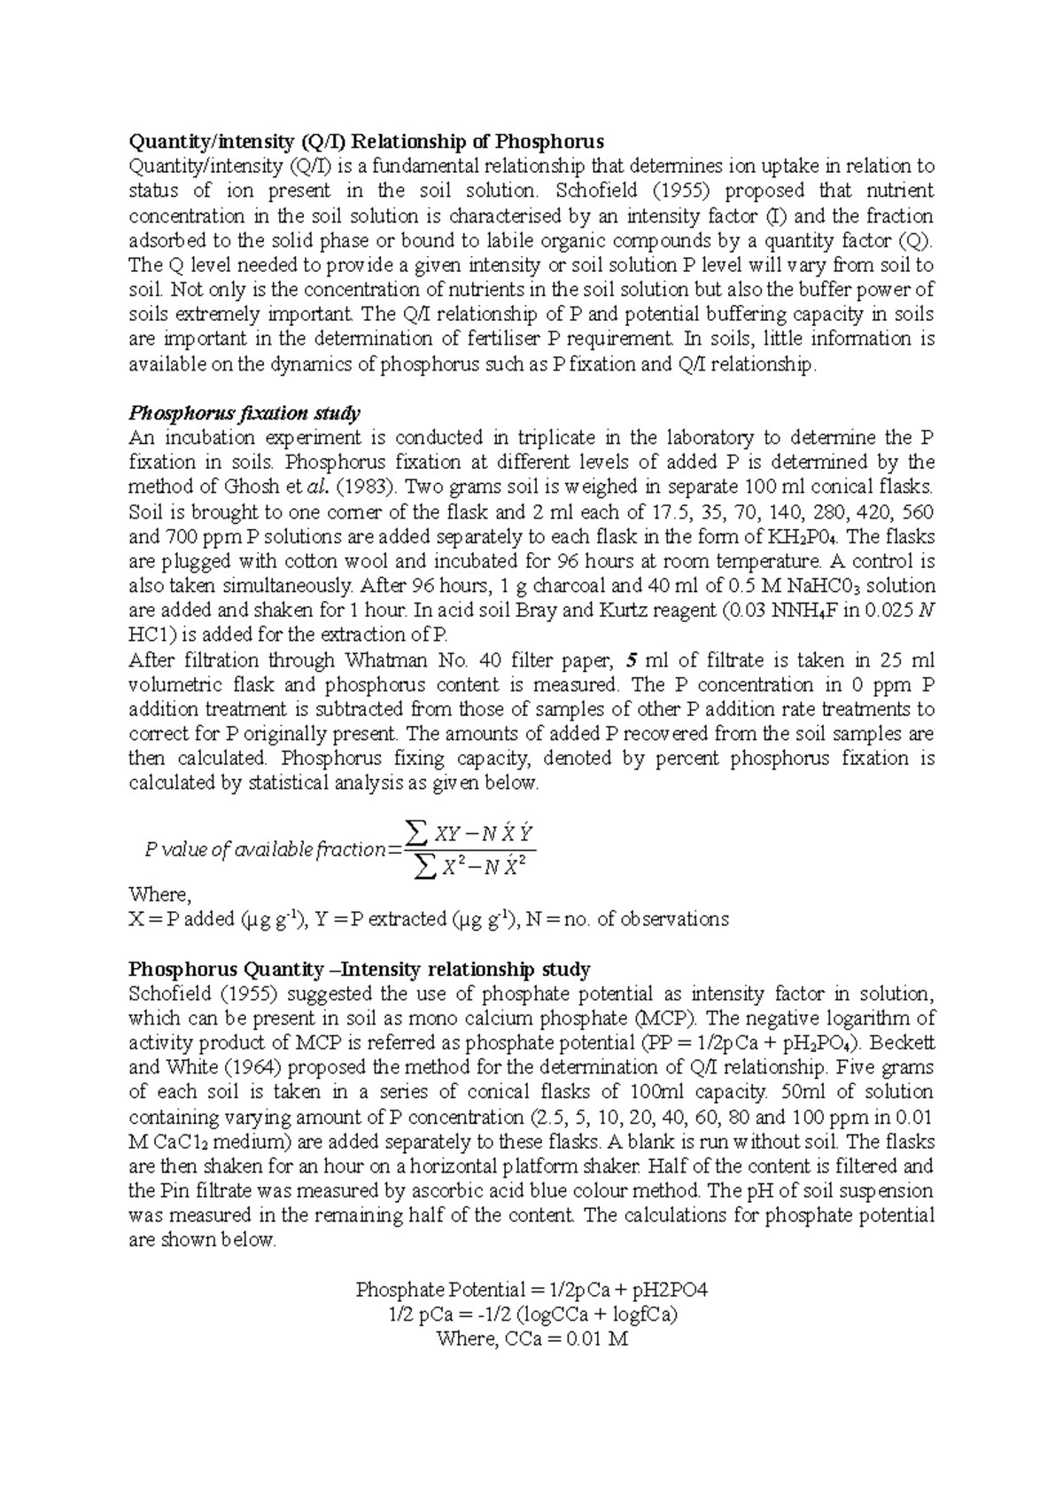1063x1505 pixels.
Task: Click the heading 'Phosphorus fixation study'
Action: pos(244,413)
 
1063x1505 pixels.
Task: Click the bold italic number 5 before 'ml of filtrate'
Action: pos(631,660)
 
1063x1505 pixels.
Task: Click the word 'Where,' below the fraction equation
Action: pos(159,894)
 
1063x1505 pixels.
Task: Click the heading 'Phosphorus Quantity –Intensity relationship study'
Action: pos(360,969)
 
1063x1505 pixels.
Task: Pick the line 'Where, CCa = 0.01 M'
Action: pos(531,1339)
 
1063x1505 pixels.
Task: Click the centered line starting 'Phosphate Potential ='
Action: pos(531,1290)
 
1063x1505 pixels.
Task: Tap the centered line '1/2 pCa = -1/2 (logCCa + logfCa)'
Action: pos(531,1314)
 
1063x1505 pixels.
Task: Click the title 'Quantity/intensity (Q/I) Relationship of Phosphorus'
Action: pos(366,141)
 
